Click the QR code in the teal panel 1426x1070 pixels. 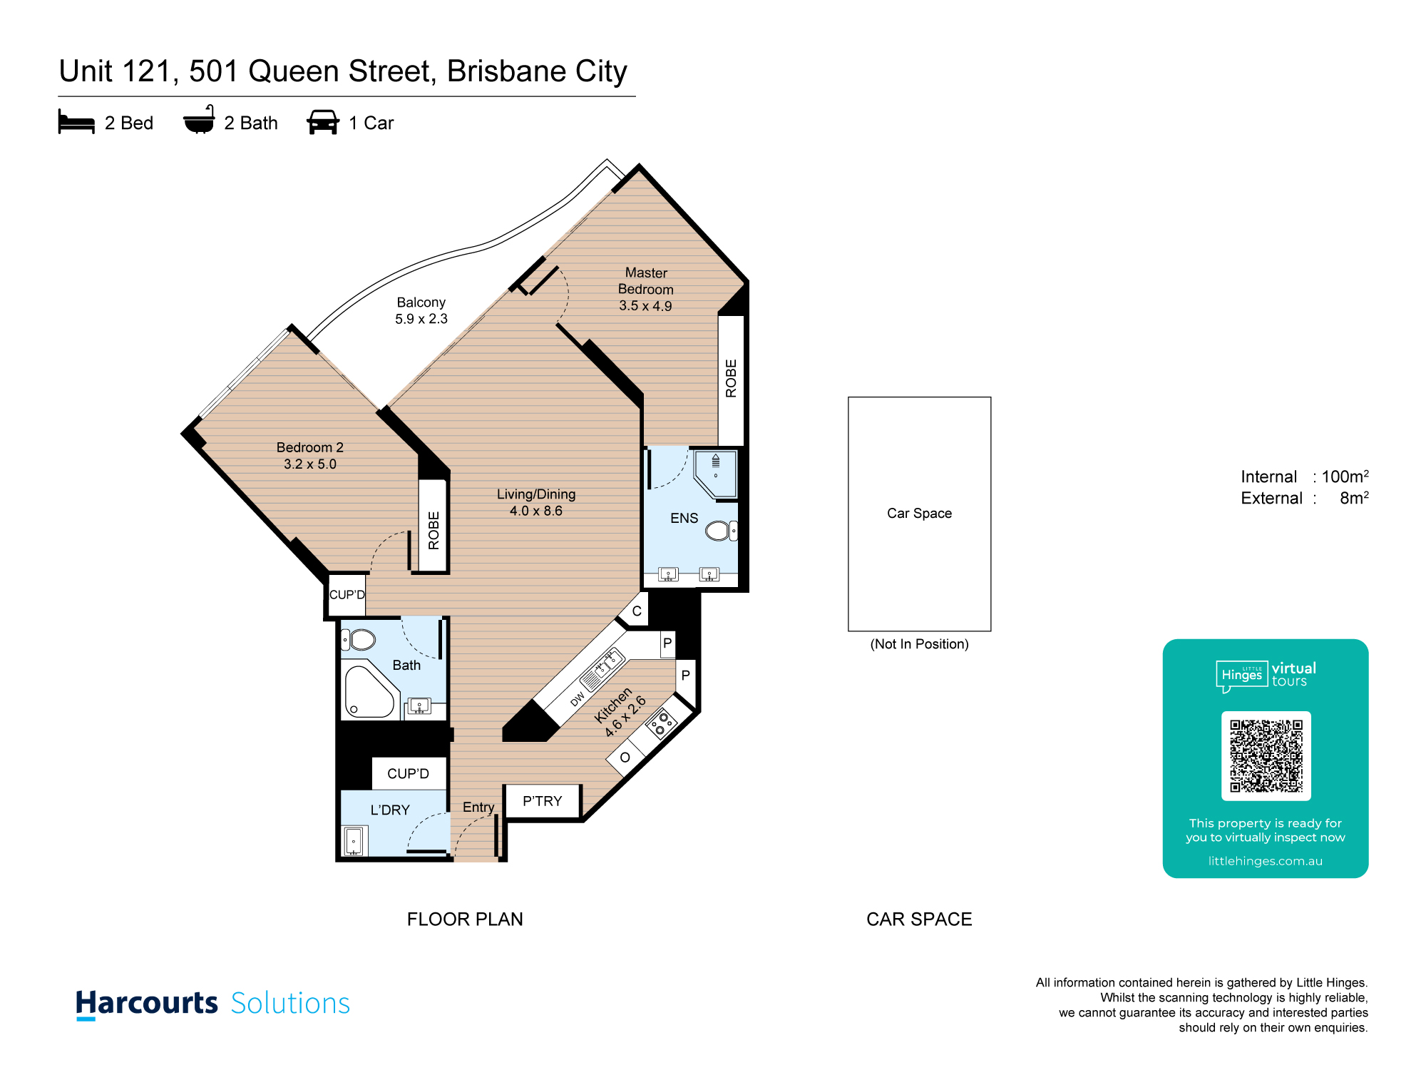(x=1266, y=756)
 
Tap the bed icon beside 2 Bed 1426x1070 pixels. (x=76, y=122)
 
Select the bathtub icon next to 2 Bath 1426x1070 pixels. (x=199, y=120)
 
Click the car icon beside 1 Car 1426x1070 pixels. (x=323, y=122)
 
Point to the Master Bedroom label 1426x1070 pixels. (x=646, y=281)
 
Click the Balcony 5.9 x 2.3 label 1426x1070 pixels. (x=421, y=310)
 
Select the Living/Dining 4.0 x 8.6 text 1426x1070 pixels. (x=536, y=502)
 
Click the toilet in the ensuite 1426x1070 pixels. (x=721, y=531)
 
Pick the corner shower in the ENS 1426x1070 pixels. (x=716, y=474)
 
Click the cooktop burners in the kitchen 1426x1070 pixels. (x=661, y=723)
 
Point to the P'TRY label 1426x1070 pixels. (x=543, y=801)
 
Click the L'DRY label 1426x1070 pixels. (x=390, y=810)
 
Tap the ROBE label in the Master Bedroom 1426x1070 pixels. (x=731, y=378)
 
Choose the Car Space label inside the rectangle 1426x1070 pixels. (x=919, y=513)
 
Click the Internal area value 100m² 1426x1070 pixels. (x=1345, y=476)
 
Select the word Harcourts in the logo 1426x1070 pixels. (x=147, y=1003)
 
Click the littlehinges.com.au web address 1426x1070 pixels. (x=1265, y=861)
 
